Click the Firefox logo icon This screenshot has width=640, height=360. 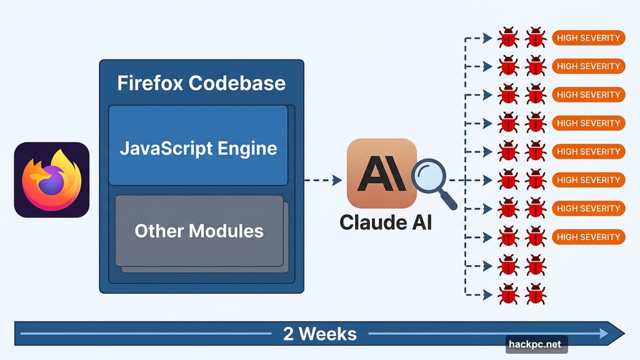pos(52,179)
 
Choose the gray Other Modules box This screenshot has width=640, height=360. pos(199,231)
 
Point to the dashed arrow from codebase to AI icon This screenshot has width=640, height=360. pos(322,181)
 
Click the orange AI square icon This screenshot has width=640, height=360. pos(381,173)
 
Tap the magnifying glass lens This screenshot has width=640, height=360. pos(429,176)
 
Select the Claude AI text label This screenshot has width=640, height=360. pos(385,222)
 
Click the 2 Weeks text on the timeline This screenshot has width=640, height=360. pos(319,333)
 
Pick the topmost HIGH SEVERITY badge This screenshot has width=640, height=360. pos(588,37)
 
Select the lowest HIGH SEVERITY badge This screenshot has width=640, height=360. pos(588,237)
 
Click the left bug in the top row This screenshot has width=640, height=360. pos(508,37)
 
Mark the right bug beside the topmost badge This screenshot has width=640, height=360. pos(536,37)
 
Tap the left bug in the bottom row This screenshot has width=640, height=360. pos(508,293)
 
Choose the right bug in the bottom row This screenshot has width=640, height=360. pos(536,293)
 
